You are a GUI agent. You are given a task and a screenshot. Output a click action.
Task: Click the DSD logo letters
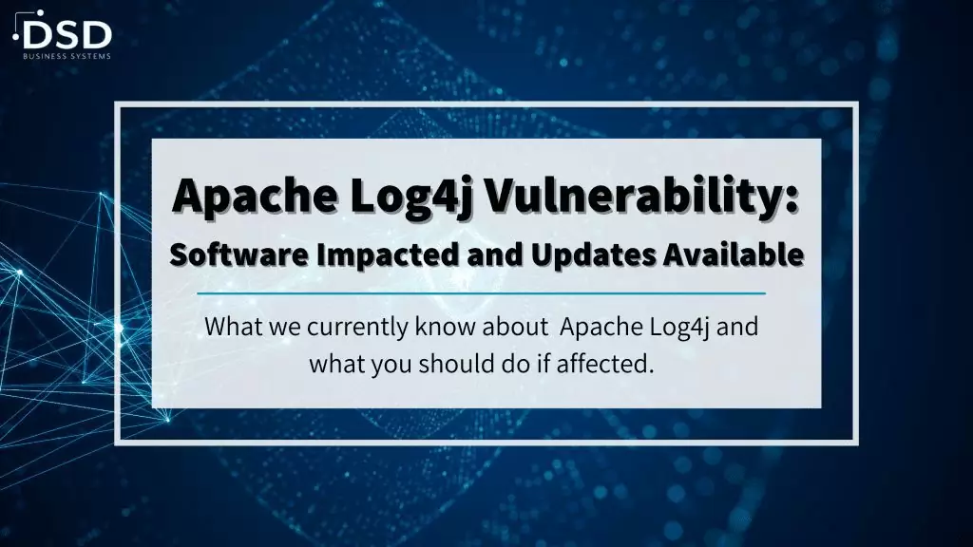tap(67, 35)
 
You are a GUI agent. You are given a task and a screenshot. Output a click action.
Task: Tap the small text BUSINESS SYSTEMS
tap(67, 56)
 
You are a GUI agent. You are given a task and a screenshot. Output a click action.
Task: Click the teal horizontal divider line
tap(482, 292)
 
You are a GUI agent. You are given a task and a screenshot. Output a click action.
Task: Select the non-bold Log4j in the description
tap(678, 328)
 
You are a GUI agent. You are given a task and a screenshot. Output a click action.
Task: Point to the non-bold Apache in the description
tap(601, 328)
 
